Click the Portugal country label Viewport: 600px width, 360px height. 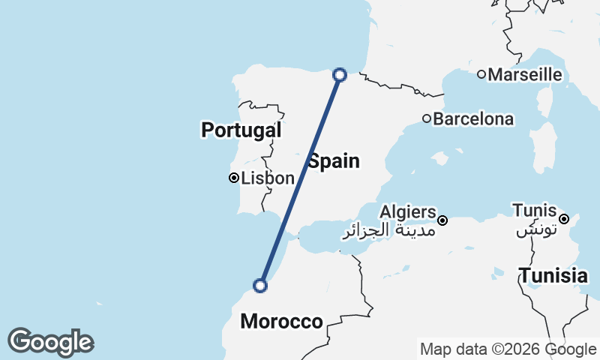241,130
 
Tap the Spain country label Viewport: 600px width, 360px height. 334,160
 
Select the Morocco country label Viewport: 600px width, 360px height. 281,322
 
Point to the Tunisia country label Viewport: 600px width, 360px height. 553,275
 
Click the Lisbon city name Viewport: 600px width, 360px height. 268,178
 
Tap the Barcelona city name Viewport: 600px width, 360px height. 474,118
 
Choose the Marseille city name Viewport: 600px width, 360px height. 525,74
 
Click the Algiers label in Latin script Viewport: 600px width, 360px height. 408,211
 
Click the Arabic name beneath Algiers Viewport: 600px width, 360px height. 389,229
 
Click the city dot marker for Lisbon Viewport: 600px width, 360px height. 234,178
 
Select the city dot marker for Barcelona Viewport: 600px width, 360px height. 427,118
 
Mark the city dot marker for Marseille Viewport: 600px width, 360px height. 481,73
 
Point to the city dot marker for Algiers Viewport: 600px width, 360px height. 443,220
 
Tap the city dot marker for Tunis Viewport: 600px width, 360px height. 564,219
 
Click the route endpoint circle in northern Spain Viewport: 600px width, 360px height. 340,74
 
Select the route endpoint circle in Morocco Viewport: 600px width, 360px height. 260,286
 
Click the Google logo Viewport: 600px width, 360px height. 50,342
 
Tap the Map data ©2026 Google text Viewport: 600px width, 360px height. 508,349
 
